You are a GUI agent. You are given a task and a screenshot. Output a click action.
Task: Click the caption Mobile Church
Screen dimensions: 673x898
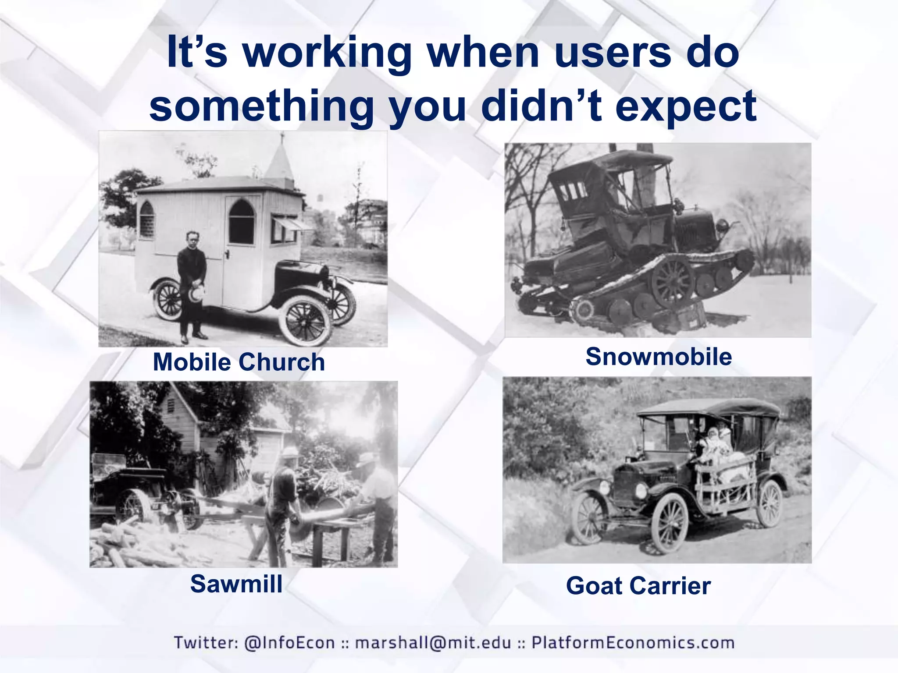pos(239,362)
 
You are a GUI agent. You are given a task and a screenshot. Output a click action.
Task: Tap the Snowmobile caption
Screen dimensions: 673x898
pos(659,356)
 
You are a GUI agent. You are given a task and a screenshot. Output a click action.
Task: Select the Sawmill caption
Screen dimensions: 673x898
pos(236,584)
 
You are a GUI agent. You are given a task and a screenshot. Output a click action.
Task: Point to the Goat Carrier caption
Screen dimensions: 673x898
pos(638,586)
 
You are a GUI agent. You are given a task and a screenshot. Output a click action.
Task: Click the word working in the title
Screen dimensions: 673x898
pos(327,53)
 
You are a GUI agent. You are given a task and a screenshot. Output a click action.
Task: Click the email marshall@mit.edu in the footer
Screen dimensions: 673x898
pos(433,642)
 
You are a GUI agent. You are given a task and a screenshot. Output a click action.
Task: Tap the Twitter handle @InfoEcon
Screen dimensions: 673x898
pos(289,642)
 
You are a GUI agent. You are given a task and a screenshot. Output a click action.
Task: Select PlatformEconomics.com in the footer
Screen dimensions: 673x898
pos(633,642)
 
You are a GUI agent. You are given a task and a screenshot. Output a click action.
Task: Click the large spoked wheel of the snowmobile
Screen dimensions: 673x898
pos(672,282)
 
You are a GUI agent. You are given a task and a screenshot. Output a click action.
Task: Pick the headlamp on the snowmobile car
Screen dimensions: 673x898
pos(722,226)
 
